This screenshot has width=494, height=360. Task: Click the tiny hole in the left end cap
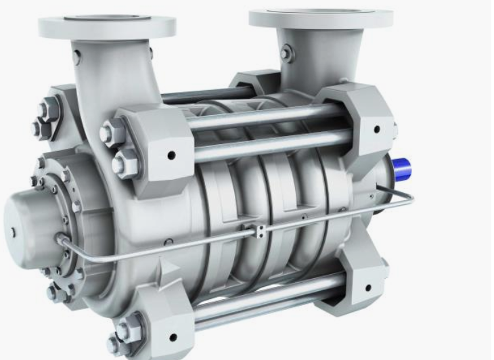(13, 231)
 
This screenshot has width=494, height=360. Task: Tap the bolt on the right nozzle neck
(288, 52)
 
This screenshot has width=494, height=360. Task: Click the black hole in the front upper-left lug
(171, 156)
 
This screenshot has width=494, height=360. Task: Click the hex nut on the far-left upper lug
(49, 108)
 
